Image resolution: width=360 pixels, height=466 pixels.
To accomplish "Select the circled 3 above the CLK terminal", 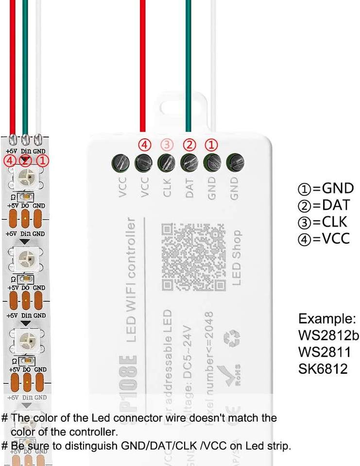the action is [x=167, y=145].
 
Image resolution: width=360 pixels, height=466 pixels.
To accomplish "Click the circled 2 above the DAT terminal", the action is [x=189, y=145].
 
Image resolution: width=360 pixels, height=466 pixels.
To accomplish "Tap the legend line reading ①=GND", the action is [x=325, y=188].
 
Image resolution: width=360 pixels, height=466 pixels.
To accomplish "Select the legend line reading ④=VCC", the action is [x=324, y=238].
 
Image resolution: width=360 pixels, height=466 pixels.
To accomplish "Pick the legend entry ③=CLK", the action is [x=323, y=222].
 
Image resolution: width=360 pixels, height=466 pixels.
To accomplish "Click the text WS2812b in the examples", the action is [x=328, y=336].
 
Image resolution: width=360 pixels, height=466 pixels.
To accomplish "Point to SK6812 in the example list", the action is [x=323, y=368].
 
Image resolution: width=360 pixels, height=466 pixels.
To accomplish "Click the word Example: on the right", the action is [x=326, y=319].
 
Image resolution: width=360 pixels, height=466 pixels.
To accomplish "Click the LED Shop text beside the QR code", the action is [x=236, y=257].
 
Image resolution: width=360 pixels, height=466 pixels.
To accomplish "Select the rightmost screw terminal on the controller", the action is [x=235, y=162].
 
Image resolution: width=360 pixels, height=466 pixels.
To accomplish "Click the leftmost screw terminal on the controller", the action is [x=120, y=162].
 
